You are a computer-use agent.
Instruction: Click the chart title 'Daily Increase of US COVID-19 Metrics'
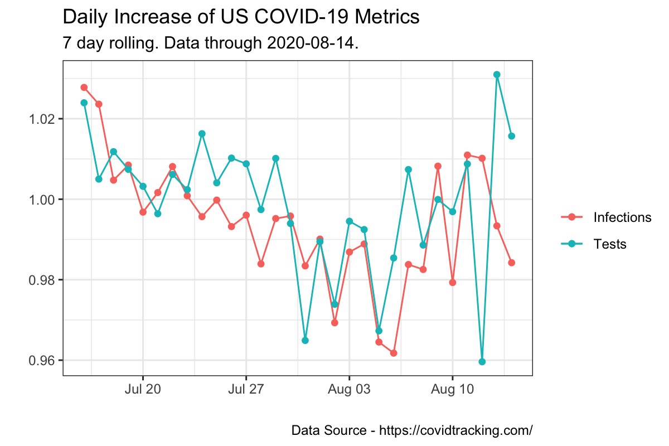point(241,17)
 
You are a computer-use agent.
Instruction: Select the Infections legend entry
point(622,217)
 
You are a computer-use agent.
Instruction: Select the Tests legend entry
point(610,244)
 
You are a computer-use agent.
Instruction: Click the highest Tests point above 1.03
point(497,75)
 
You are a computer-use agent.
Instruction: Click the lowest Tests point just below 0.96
point(482,362)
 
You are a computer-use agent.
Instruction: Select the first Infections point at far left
point(84,88)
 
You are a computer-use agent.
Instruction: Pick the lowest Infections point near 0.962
point(394,353)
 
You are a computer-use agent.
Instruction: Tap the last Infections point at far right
point(511,263)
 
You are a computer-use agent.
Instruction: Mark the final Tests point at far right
point(511,136)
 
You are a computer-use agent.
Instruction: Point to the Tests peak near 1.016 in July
point(202,134)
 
